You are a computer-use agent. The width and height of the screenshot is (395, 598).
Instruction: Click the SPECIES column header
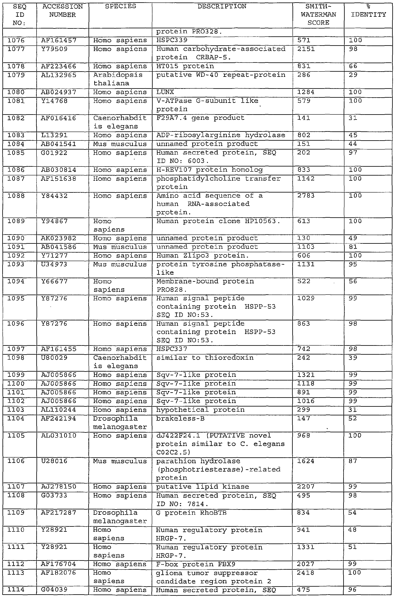[120, 7]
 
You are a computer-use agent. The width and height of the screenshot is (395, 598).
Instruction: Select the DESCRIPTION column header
[222, 7]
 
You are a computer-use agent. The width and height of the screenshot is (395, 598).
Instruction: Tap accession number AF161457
[59, 40]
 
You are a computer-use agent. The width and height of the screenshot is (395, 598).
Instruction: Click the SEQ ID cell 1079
[16, 75]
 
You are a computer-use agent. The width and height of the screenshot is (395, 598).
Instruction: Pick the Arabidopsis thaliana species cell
[118, 79]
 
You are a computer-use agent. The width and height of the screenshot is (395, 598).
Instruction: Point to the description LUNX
[165, 92]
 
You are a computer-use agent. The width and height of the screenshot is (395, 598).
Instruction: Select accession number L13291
[54, 135]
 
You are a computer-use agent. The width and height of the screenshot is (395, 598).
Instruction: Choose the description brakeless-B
[180, 419]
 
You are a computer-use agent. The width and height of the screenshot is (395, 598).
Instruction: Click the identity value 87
[353, 461]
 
